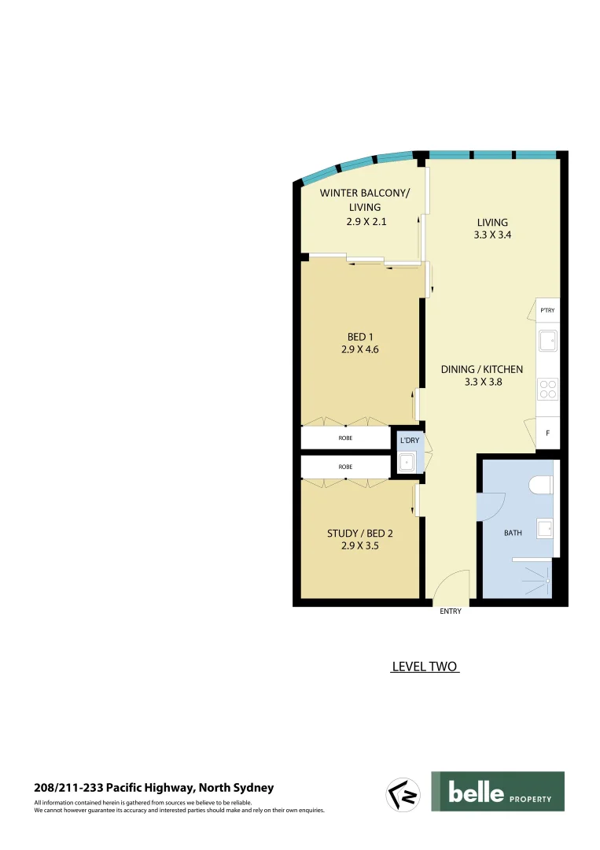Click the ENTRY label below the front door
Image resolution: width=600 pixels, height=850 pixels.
click(451, 612)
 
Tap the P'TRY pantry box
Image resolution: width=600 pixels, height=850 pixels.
click(547, 310)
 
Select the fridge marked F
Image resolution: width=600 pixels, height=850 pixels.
click(547, 434)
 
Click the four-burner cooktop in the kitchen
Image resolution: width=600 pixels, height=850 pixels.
click(547, 389)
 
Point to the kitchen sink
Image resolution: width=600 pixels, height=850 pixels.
click(547, 341)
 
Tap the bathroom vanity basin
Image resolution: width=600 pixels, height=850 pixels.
click(544, 528)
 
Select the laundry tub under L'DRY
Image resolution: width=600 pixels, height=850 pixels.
click(407, 462)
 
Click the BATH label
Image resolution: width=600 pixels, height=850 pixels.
click(513, 533)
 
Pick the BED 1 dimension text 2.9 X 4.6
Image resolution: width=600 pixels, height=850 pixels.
click(360, 350)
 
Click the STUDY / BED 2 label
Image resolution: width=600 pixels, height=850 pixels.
click(360, 533)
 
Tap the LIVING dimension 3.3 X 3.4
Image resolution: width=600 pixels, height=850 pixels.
click(492, 235)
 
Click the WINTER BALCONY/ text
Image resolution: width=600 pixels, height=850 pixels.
click(365, 193)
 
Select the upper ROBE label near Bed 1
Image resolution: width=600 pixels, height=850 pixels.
click(345, 438)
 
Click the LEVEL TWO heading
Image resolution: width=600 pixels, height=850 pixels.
click(425, 667)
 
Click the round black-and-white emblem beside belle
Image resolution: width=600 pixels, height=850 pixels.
click(402, 793)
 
